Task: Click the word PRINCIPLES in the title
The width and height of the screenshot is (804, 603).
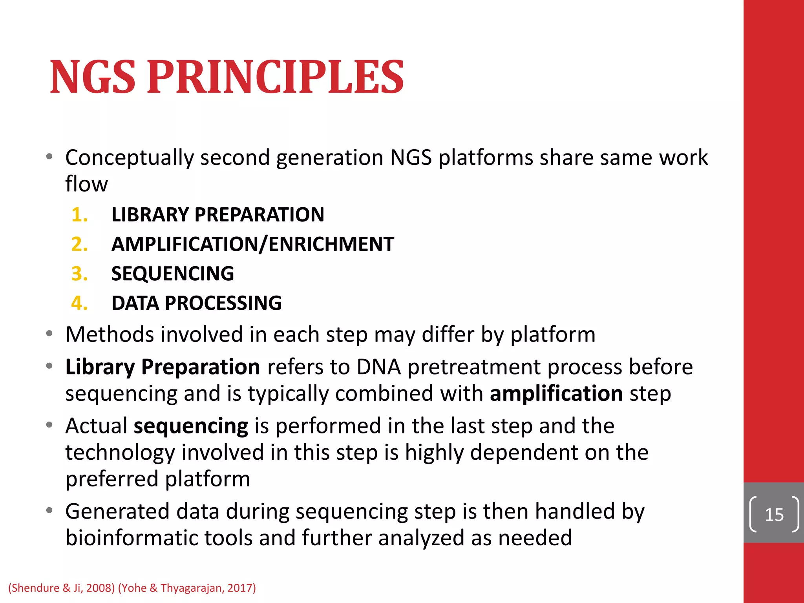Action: tap(276, 77)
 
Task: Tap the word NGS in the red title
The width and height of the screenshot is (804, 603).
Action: tap(93, 77)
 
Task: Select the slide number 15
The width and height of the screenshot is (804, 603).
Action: tap(774, 515)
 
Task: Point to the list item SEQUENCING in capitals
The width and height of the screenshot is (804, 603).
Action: tap(173, 274)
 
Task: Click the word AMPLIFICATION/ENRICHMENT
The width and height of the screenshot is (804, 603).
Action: tap(253, 244)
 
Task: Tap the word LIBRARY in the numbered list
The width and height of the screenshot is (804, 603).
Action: tap(150, 215)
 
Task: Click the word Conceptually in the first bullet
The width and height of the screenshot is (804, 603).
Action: tap(130, 158)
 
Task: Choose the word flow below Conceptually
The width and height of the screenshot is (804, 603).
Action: tap(86, 184)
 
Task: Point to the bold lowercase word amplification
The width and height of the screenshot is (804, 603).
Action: tap(556, 393)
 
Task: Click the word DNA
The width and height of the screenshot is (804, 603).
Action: tap(379, 367)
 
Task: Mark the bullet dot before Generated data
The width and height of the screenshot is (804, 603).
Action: tap(49, 511)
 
